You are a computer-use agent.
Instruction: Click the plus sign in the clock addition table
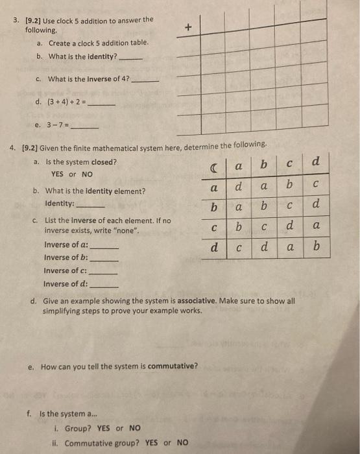pyautogui.click(x=188, y=27)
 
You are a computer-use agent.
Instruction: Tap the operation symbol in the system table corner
pyautogui.click(x=213, y=167)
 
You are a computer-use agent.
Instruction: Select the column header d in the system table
pyautogui.click(x=315, y=161)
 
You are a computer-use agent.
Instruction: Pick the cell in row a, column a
pyautogui.click(x=239, y=186)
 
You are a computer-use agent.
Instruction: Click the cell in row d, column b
pyautogui.click(x=264, y=247)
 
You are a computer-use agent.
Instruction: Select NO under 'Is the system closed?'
pyautogui.click(x=87, y=174)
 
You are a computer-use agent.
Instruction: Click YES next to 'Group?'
pyautogui.click(x=104, y=428)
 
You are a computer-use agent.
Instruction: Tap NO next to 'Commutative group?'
pyautogui.click(x=182, y=443)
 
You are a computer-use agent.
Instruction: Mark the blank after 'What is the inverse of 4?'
pyautogui.click(x=144, y=81)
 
